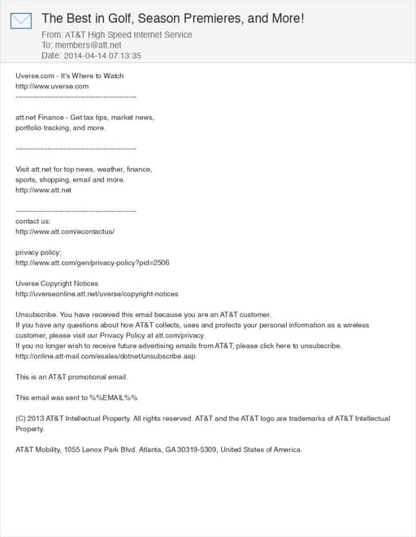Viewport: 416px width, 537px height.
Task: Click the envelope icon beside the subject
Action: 21,20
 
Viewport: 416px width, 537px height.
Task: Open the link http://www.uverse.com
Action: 52,86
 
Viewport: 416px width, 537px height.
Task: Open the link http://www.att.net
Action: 44,190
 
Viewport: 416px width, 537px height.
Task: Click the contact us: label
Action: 33,221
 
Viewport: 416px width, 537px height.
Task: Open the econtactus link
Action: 65,231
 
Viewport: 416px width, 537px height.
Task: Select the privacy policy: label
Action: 38,252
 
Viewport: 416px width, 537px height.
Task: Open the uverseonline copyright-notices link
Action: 97,294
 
